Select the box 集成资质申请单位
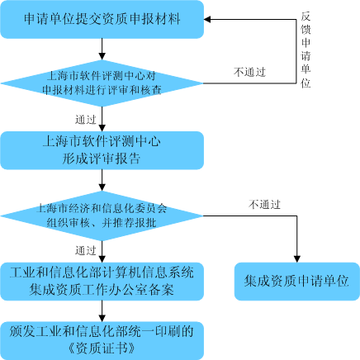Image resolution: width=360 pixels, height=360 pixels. (x=296, y=282)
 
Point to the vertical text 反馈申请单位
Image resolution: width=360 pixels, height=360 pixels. (x=306, y=49)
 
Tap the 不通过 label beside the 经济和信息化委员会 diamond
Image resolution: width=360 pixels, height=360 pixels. (x=264, y=204)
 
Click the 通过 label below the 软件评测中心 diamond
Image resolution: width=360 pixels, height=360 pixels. (x=85, y=119)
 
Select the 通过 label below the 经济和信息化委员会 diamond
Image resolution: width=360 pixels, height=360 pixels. (x=85, y=249)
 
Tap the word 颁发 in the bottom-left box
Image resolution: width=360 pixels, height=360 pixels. (x=21, y=331)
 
